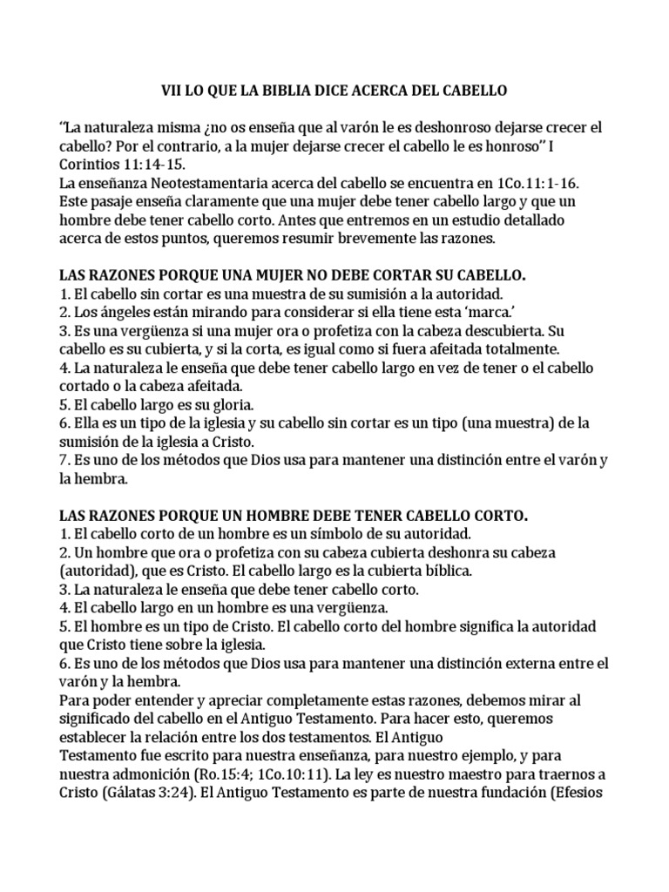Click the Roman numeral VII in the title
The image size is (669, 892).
click(172, 90)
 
